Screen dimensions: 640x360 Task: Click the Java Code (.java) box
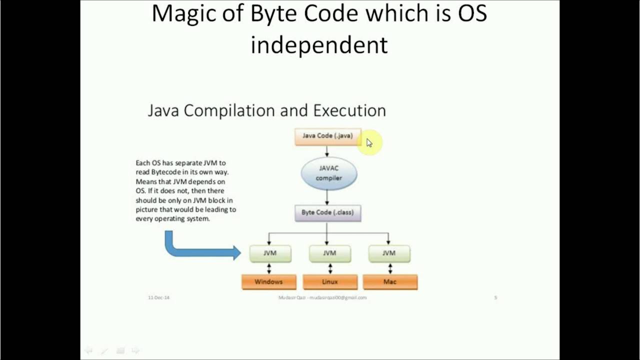[327, 136]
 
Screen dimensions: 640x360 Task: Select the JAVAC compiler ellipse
[328, 173]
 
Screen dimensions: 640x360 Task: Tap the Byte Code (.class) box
[327, 212]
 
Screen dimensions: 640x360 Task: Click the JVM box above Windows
[270, 253]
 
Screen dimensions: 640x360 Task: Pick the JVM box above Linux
[329, 253]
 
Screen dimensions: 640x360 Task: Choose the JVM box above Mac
[389, 253]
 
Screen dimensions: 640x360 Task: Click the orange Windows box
[269, 282]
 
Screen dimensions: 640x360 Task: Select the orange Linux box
[330, 282]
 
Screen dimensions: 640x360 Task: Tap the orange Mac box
[390, 282]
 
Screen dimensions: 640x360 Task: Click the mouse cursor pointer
[369, 143]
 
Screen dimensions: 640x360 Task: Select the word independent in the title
[319, 45]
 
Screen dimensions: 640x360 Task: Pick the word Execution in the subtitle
[349, 110]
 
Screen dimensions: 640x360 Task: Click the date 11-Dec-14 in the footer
[158, 297]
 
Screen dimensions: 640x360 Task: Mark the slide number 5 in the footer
[495, 297]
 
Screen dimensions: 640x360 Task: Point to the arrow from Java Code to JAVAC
[327, 151]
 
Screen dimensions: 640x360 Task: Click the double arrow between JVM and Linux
[330, 268]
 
